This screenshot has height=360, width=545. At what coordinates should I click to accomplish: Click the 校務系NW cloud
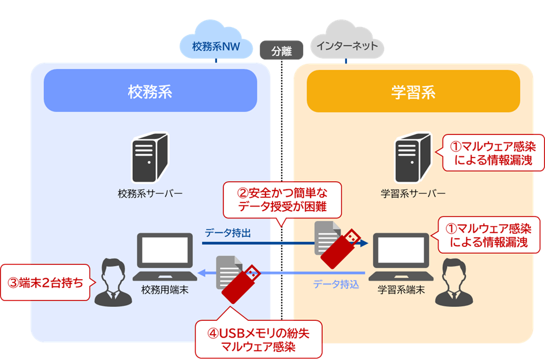tap(215, 44)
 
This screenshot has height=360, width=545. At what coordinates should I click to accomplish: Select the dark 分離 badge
tap(282, 51)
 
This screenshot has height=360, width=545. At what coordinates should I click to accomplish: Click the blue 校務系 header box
tap(150, 91)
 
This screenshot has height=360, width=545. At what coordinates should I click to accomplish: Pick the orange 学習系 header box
tap(413, 91)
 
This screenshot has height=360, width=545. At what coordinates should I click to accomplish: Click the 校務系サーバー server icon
tap(150, 156)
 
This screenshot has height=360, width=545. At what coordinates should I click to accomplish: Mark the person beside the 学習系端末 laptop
tap(453, 282)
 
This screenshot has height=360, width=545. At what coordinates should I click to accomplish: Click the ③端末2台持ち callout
tap(45, 283)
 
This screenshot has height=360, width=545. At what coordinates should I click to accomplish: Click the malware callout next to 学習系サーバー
tap(492, 152)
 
